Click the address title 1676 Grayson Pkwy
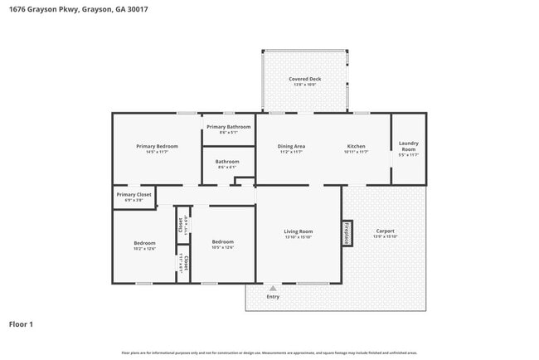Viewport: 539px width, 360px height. point(70,9)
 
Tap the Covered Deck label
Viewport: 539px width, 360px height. point(304,79)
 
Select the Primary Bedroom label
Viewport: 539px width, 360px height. point(157,146)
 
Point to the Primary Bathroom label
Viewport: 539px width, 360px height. point(228,127)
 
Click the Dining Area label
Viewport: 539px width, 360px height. point(291,146)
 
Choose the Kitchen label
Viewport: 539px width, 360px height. point(356,146)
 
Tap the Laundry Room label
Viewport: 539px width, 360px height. point(409,146)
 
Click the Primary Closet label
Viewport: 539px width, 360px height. point(134,194)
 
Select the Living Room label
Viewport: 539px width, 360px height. point(299,231)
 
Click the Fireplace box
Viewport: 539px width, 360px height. point(347,233)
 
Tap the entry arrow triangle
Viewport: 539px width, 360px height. point(273,288)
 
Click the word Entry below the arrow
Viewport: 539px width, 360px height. point(273,296)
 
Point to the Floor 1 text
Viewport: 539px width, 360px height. point(22,324)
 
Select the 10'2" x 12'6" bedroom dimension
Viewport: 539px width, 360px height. point(144,248)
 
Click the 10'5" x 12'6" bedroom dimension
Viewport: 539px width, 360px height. point(223,247)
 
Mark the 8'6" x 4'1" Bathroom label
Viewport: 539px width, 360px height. point(227,168)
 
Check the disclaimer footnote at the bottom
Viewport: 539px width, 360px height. point(270,353)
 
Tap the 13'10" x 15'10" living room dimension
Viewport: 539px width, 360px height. point(299,237)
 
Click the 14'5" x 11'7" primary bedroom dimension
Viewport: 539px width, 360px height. point(157,152)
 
